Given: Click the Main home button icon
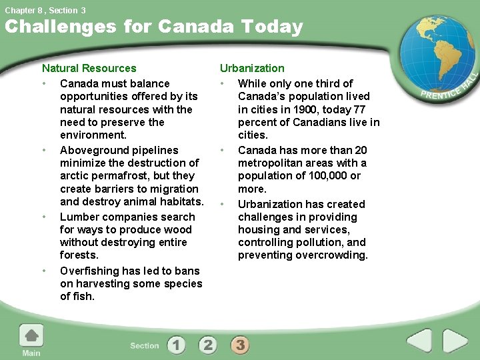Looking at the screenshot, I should coord(31,335).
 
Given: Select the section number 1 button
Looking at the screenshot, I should coord(176,345).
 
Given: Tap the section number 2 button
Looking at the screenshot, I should coord(208,345).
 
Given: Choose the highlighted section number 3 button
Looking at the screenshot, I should coord(240,345).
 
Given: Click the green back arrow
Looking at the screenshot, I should coord(419,341).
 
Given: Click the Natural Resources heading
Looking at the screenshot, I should coord(89,68).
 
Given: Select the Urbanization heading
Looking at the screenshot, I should coord(252,68).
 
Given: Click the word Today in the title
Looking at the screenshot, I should coord(272,27).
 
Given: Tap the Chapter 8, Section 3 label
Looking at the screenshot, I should coord(45,10).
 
